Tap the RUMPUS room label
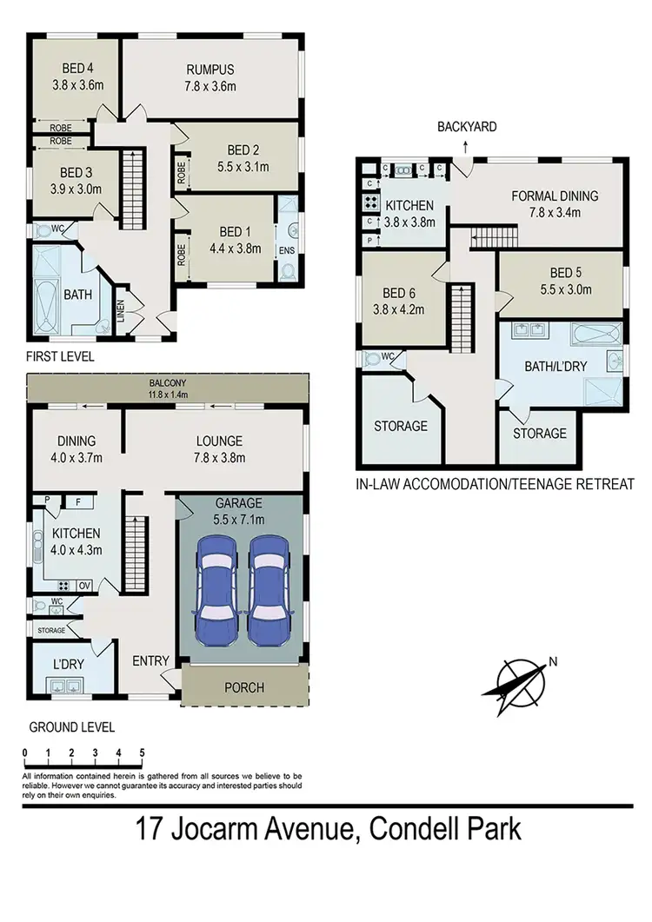pos(210,70)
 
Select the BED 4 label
pos(74,70)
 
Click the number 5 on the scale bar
pos(141,753)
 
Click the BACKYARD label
pos(467,127)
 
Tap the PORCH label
pos(243,687)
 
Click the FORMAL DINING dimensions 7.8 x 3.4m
pos(554,212)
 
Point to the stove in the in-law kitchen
pos(369,206)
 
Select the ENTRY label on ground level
pos(150,661)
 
